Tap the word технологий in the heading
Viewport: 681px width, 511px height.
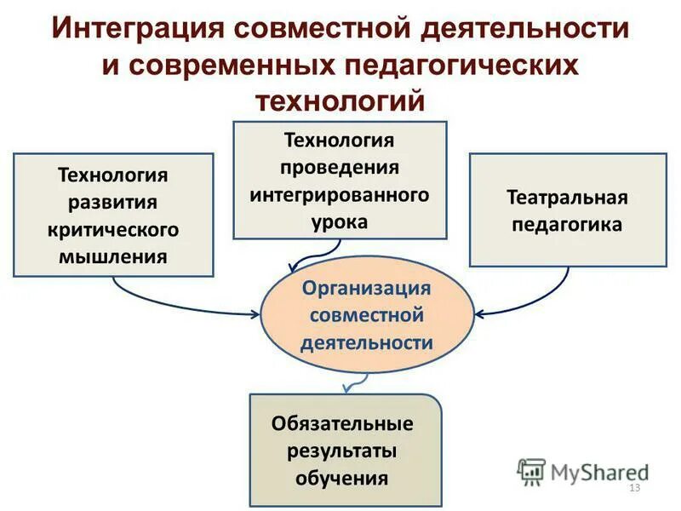[x=340, y=101]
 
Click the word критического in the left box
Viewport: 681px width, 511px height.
[x=113, y=229]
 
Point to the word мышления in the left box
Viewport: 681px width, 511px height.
[x=113, y=256]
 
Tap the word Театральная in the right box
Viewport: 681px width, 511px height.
[x=567, y=198]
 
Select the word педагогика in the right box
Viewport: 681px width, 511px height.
[x=567, y=225]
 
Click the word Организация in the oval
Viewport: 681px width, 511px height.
[x=367, y=288]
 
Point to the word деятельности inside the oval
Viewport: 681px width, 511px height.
[x=367, y=342]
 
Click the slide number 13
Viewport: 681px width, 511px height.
[x=633, y=487]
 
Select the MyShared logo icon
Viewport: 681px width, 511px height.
[x=532, y=471]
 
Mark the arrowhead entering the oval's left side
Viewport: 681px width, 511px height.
[x=255, y=313]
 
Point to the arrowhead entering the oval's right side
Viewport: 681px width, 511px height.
[x=480, y=313]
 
